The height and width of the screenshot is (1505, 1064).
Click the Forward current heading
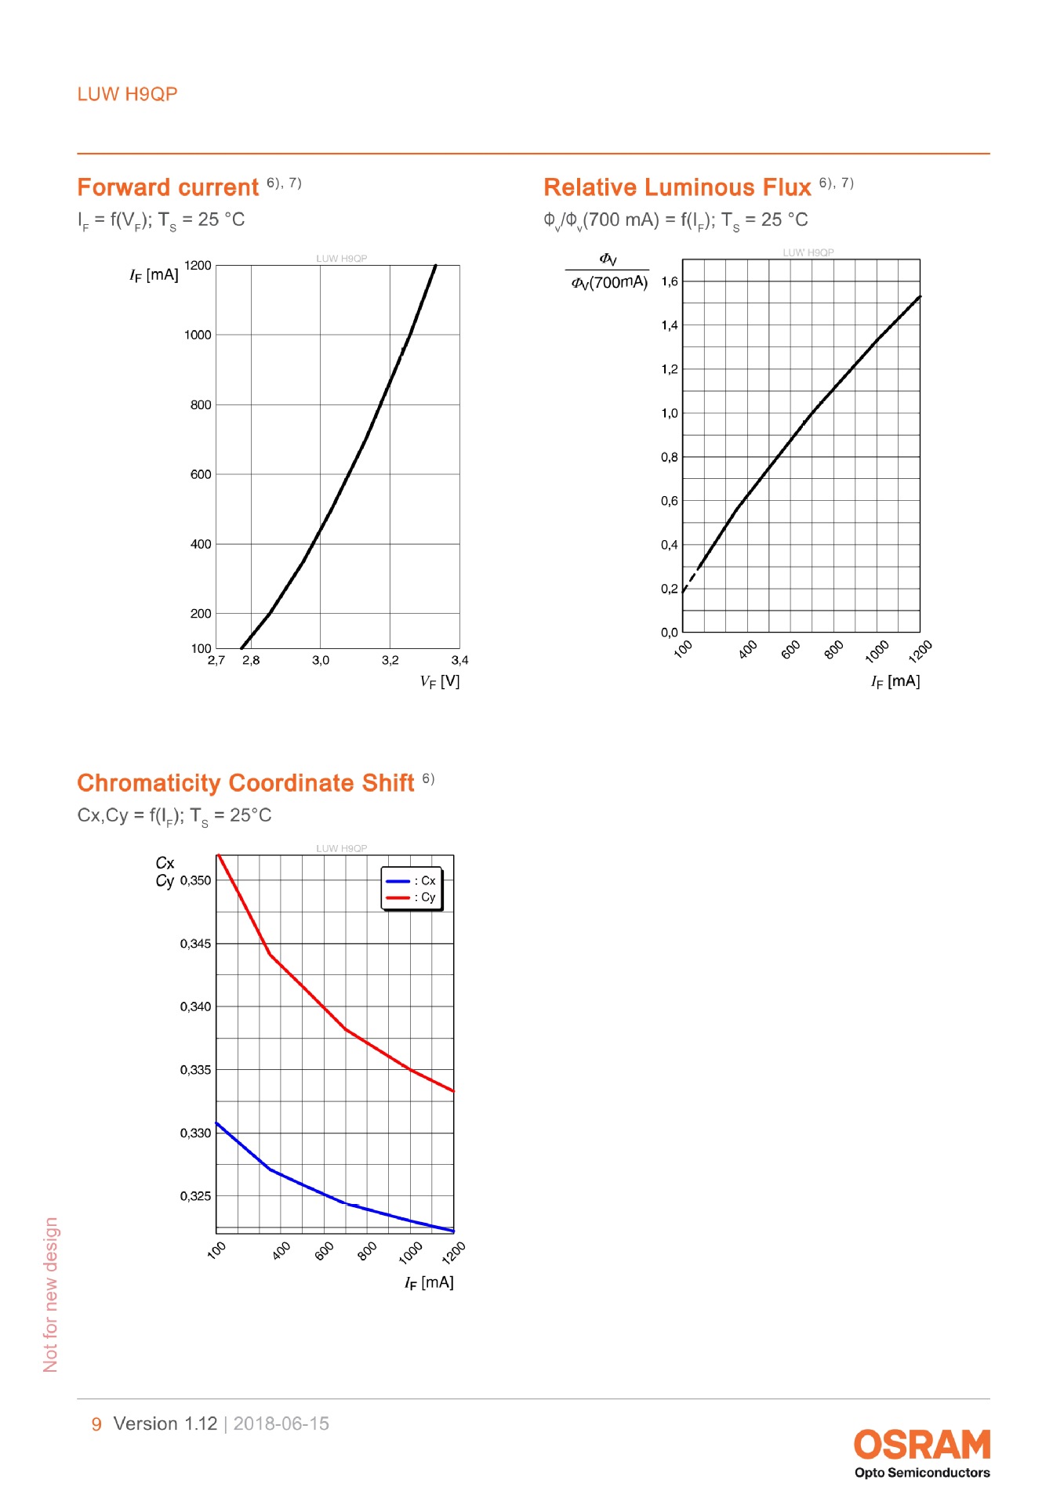point(167,187)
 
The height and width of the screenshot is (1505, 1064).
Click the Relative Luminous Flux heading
point(677,187)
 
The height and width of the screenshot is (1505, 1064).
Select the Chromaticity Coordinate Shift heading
point(245,783)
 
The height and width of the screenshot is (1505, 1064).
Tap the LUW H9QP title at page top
point(127,94)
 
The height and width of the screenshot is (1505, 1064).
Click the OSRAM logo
point(921,1445)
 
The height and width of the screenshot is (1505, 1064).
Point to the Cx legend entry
point(411,881)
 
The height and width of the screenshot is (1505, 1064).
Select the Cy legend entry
point(411,898)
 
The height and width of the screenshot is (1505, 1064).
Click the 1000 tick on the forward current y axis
point(198,335)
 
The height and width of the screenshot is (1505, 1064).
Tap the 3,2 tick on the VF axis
point(390,660)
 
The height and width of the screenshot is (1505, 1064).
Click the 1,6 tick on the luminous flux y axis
point(669,281)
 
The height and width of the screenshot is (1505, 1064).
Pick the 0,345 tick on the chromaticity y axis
point(195,944)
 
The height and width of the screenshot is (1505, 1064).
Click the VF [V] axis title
point(440,681)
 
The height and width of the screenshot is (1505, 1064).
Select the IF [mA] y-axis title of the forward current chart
point(154,275)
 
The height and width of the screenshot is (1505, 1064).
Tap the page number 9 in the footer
point(96,1423)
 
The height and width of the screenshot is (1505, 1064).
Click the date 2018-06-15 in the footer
point(281,1423)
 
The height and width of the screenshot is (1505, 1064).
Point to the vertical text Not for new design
point(51,1294)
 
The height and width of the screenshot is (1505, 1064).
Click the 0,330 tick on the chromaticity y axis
point(195,1133)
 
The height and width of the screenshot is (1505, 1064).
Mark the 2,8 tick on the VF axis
point(251,660)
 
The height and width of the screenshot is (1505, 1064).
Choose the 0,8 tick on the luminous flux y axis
point(669,457)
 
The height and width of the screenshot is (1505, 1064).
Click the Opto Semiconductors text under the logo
point(921,1473)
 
